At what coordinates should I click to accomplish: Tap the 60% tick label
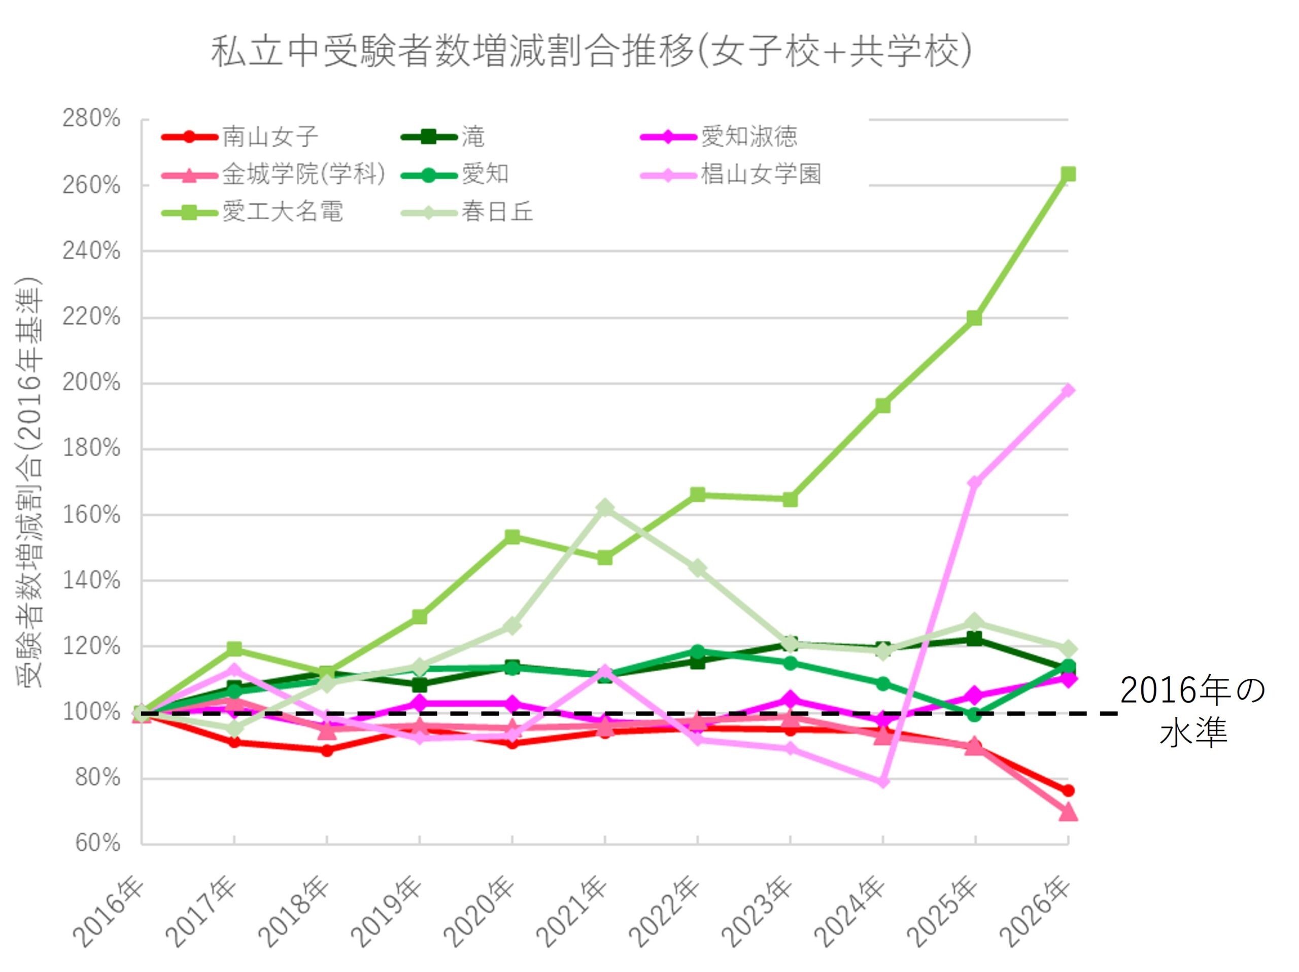(97, 844)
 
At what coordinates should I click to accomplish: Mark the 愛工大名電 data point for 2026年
(1068, 175)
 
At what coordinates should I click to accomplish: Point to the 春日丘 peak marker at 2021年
(605, 507)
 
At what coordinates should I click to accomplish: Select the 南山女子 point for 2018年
(327, 750)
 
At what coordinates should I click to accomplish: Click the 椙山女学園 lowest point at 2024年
(882, 782)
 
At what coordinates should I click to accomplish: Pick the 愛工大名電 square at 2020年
(512, 537)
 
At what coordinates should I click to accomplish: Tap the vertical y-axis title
(29, 481)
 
